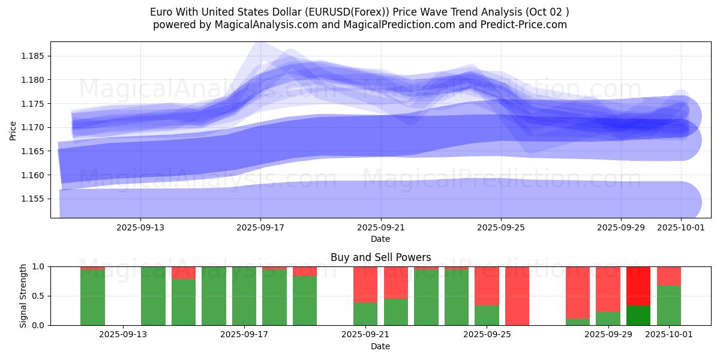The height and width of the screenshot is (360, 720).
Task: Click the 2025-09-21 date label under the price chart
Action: (x=380, y=227)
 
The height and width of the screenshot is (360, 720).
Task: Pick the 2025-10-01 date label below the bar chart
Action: (x=669, y=334)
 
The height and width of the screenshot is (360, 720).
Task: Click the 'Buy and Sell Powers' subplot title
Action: (x=380, y=257)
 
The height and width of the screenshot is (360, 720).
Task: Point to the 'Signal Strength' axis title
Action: (x=23, y=296)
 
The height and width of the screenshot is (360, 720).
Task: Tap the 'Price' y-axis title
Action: (x=13, y=130)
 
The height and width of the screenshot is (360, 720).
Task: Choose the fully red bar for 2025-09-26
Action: (x=517, y=296)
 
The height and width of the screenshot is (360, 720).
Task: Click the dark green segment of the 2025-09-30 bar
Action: (x=638, y=315)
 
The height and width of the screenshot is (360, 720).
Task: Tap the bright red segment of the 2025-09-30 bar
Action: (x=638, y=286)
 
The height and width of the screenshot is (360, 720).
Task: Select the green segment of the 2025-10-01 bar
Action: (x=669, y=305)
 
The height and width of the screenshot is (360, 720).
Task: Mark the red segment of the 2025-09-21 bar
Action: (x=365, y=284)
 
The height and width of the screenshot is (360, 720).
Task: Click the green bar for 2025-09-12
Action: (x=92, y=298)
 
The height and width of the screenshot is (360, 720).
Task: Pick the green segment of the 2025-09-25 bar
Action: (x=487, y=315)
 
